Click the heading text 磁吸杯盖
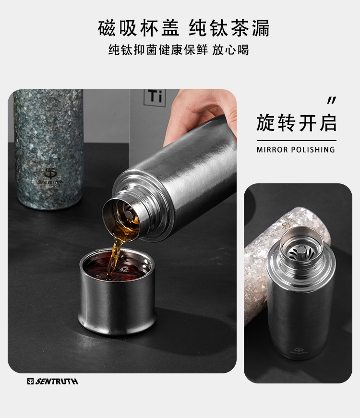click(x=139, y=28)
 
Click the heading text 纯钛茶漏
click(x=229, y=28)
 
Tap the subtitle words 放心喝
click(x=230, y=50)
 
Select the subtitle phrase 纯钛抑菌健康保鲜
click(x=158, y=50)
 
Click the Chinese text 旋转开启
click(x=296, y=123)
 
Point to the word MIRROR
click(x=272, y=150)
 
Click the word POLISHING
click(x=313, y=150)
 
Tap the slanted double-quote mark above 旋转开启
click(x=332, y=100)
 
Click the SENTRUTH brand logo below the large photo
click(x=52, y=381)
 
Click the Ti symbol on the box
click(x=155, y=96)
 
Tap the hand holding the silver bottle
click(x=199, y=115)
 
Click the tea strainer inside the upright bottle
click(x=301, y=252)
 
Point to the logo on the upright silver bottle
click(x=299, y=350)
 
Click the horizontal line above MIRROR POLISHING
click(x=297, y=141)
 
